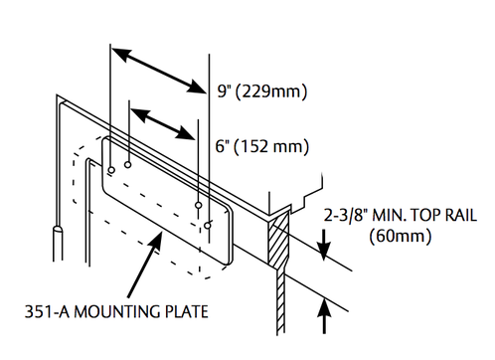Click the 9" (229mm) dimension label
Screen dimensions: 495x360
click(x=262, y=91)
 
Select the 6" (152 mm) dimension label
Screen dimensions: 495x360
click(x=262, y=146)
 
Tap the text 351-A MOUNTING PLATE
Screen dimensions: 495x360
click(x=116, y=312)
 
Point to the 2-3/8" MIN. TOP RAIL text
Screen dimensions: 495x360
click(x=401, y=216)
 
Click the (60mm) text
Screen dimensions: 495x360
click(x=401, y=237)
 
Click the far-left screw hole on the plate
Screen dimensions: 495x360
click(x=111, y=170)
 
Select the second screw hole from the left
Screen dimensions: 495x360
click(x=128, y=164)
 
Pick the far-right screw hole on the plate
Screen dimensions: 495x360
click(x=208, y=226)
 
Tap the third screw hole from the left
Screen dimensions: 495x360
click(x=198, y=205)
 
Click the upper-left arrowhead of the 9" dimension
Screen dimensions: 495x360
click(x=120, y=54)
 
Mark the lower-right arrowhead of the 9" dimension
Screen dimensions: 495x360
click(x=197, y=87)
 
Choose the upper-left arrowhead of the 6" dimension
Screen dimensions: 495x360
click(x=138, y=114)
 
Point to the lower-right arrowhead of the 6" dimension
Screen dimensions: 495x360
click(x=186, y=133)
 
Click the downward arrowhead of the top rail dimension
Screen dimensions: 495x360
click(x=324, y=252)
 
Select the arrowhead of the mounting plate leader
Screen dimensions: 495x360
click(x=156, y=242)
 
